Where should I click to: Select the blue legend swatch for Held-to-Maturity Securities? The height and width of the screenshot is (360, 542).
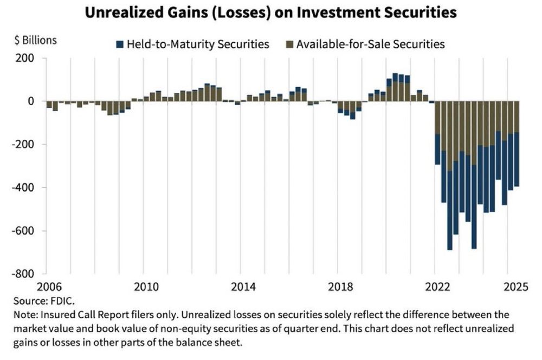click(x=120, y=44)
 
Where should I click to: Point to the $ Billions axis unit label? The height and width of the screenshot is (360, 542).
click(x=35, y=40)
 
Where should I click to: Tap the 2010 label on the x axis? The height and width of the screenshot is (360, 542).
click(x=143, y=286)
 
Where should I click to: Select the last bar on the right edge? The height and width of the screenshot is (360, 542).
click(x=517, y=146)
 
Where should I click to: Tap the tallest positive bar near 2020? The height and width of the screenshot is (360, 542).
click(x=395, y=87)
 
